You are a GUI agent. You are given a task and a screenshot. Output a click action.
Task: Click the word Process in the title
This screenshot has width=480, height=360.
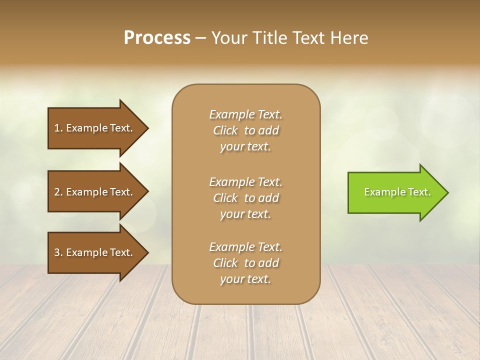157,38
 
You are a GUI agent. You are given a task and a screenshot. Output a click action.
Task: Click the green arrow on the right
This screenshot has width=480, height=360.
395,192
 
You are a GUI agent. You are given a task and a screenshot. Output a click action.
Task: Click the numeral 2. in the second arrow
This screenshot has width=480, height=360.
58,192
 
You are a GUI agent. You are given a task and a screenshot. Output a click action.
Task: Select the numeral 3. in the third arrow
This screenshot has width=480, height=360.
58,252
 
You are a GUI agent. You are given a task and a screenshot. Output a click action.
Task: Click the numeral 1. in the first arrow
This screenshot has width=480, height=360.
58,128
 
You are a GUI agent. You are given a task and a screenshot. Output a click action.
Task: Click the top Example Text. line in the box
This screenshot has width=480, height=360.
245,114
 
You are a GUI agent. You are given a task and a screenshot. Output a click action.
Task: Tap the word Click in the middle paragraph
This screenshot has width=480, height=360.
225,198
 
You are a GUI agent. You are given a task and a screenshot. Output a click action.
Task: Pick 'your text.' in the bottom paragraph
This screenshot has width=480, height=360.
245,279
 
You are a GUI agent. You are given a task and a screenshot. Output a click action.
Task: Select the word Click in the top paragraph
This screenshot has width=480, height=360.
225,130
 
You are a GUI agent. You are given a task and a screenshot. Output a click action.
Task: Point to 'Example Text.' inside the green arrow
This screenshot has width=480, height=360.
397,192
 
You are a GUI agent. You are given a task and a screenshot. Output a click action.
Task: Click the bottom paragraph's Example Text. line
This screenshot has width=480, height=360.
245,247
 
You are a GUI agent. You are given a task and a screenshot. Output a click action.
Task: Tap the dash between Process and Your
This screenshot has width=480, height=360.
201,38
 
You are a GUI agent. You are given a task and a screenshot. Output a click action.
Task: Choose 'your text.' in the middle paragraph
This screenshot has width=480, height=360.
245,214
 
